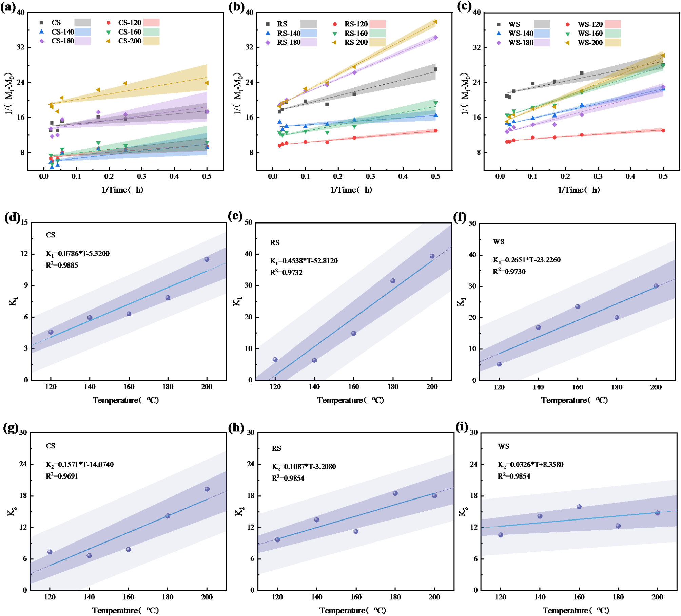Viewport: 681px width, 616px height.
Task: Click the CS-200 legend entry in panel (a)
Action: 130,41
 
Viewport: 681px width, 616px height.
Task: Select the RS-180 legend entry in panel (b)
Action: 289,42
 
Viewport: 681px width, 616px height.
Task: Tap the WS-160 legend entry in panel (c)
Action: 590,33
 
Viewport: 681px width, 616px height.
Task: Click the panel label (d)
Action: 12,217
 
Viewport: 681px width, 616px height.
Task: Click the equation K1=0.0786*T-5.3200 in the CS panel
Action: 78,254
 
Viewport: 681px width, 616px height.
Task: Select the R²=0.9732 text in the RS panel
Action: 286,273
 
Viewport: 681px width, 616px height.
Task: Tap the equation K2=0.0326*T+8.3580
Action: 530,464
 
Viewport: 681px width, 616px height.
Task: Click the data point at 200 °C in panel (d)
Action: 207,259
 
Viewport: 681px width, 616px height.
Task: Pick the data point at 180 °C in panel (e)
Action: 393,281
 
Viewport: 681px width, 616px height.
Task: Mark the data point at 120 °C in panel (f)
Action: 499,364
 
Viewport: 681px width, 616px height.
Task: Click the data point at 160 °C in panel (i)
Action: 579,507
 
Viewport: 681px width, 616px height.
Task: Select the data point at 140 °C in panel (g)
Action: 89,555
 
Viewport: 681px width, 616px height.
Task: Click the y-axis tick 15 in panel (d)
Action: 24,222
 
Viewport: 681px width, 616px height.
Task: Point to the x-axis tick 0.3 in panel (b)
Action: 370,176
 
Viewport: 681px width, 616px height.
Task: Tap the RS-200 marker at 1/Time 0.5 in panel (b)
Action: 435,22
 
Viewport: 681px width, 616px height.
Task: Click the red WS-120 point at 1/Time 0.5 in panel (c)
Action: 663,130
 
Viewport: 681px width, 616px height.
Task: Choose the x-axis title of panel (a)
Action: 122,190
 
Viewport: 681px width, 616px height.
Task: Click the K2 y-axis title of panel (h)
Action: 239,511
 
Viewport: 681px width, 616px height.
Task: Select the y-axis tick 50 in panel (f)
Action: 472,223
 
